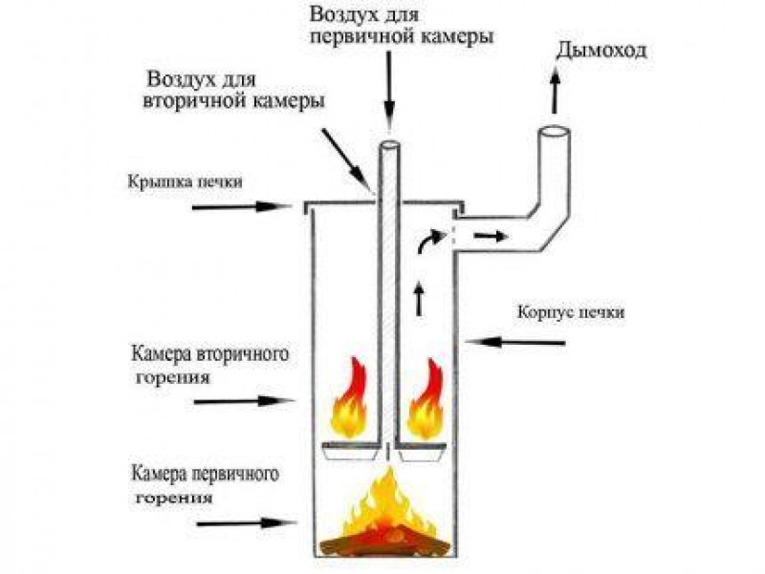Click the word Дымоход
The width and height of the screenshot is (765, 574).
coord(601,52)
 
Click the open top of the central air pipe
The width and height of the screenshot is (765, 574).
coord(390,146)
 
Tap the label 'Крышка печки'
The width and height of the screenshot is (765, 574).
coord(185,182)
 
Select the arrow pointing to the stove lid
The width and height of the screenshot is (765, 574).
coord(241,206)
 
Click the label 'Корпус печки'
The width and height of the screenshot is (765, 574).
coord(570,312)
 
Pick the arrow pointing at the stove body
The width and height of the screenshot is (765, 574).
coord(515,342)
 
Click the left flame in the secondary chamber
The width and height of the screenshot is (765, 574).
coord(349,398)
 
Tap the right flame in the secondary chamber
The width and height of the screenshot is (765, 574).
coord(426,398)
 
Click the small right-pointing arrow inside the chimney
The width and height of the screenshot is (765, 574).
coord(491,237)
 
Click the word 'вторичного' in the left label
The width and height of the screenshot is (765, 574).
coord(242,354)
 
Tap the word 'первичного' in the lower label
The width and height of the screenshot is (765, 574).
coord(235,474)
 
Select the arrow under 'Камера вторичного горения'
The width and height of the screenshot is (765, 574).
coord(244,401)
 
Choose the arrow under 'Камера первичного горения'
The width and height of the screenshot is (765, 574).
coord(246,523)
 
